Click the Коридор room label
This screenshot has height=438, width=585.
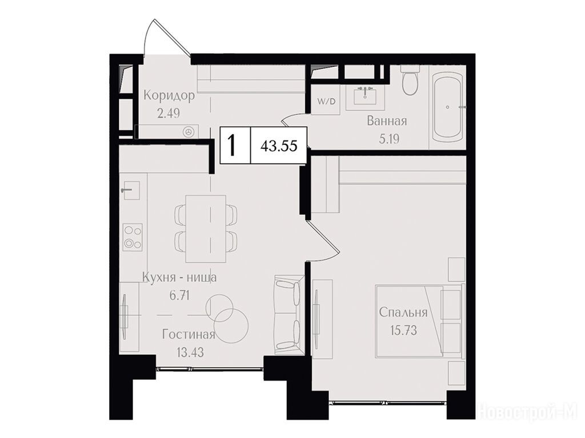tap(169, 96)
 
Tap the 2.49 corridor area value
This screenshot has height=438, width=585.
tap(169, 112)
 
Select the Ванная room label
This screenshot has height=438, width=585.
tap(387, 121)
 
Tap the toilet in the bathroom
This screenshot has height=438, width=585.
tap(410, 82)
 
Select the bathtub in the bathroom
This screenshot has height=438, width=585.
tap(447, 107)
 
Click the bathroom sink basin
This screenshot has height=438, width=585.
tap(365, 98)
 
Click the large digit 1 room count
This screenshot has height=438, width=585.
tap(233, 145)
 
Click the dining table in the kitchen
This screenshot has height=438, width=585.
tap(206, 229)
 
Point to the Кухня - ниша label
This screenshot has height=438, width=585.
tap(179, 278)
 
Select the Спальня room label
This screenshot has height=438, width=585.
tap(403, 313)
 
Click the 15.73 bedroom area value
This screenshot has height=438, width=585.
tap(403, 330)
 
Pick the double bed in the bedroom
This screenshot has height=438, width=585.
tap(420, 321)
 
